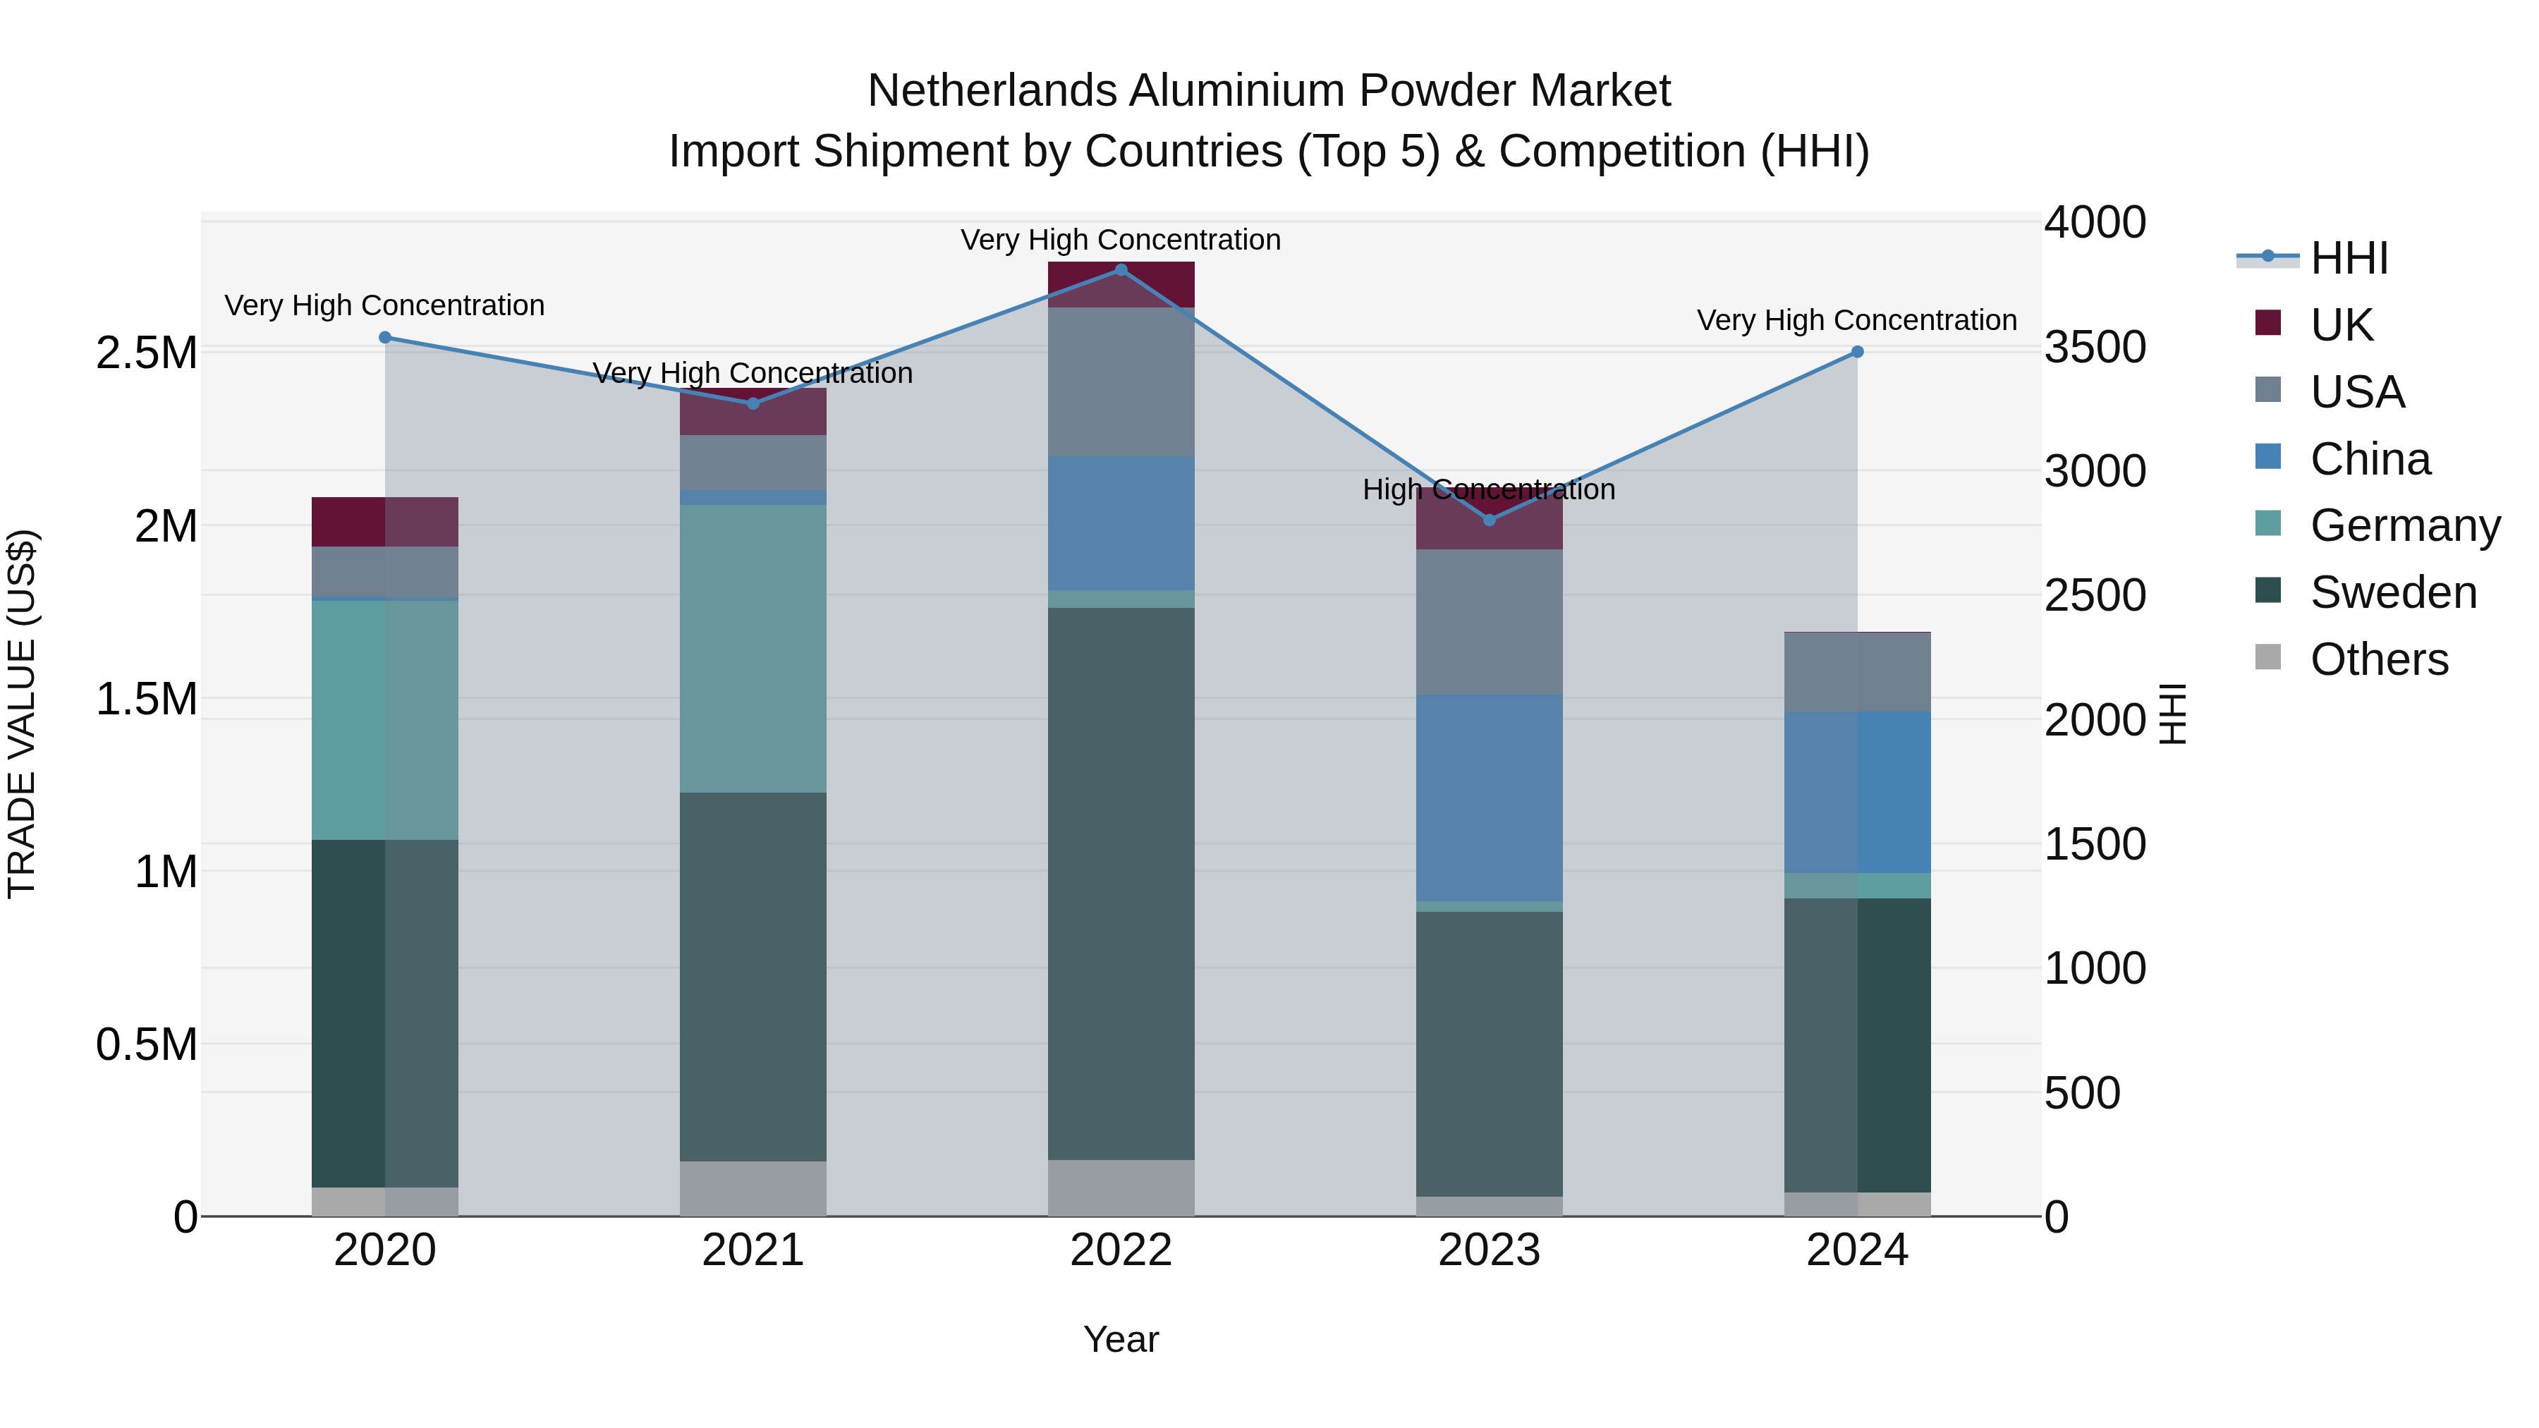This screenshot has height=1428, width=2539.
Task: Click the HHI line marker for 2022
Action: pyautogui.click(x=1121, y=270)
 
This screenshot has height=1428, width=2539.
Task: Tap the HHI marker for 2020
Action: pyautogui.click(x=385, y=338)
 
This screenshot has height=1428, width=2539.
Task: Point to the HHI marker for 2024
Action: pyautogui.click(x=1857, y=352)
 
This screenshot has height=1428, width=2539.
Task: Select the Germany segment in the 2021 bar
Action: pyautogui.click(x=753, y=649)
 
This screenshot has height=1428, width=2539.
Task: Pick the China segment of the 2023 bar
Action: pyautogui.click(x=1490, y=798)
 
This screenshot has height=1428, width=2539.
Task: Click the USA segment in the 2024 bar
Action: pyautogui.click(x=1857, y=672)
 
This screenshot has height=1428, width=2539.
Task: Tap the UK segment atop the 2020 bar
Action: pyautogui.click(x=385, y=521)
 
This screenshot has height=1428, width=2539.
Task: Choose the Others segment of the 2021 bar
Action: pyautogui.click(x=753, y=1188)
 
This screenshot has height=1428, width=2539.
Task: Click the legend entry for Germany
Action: pyautogui.click(x=2405, y=525)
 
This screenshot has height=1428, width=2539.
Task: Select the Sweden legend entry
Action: pyautogui.click(x=2392, y=592)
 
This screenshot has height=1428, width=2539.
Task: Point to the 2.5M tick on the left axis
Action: pyautogui.click(x=147, y=353)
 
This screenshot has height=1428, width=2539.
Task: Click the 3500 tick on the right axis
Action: pyautogui.click(x=2095, y=347)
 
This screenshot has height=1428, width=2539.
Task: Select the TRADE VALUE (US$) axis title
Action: pyautogui.click(x=23, y=714)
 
